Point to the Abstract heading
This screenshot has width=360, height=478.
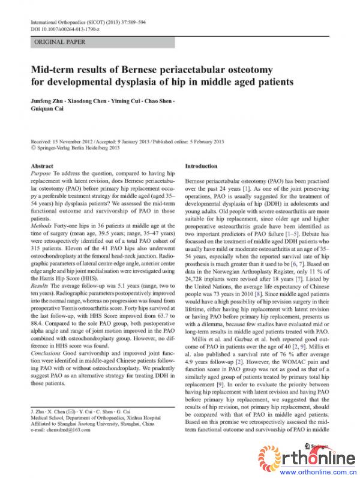coord(41,165)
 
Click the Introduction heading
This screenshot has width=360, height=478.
coord(202,165)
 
